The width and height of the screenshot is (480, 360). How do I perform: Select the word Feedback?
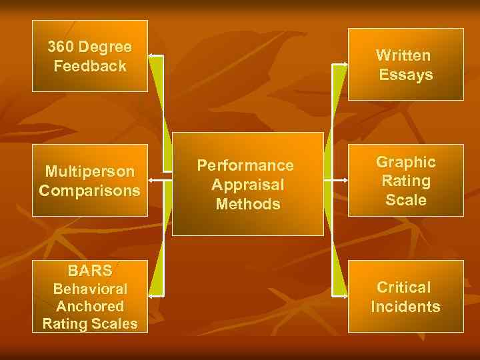point(90,67)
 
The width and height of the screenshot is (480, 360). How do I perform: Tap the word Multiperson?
point(90,171)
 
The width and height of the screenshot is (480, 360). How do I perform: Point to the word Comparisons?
point(90,191)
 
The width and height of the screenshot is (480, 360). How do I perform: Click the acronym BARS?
point(90,271)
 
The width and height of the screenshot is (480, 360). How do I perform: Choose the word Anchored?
point(90,307)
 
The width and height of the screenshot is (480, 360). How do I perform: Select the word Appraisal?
point(248,185)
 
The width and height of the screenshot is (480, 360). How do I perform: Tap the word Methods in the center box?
point(248,204)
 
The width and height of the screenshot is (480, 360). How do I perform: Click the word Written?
point(403,56)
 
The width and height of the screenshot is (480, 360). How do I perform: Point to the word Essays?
point(406,75)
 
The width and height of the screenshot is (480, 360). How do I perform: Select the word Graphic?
point(406,162)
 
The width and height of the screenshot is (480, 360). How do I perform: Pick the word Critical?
point(404,287)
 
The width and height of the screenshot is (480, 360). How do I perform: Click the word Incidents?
point(405,307)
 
